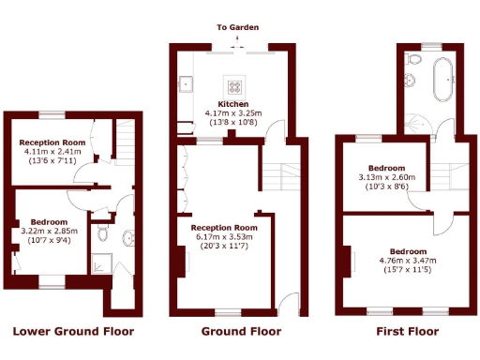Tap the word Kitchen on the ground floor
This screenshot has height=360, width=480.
click(233, 103)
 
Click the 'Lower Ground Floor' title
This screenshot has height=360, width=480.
click(72, 332)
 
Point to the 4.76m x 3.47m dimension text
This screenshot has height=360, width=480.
click(409, 261)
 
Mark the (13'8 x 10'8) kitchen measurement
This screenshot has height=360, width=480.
click(233, 122)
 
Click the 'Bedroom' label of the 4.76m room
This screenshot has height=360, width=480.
click(409, 251)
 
